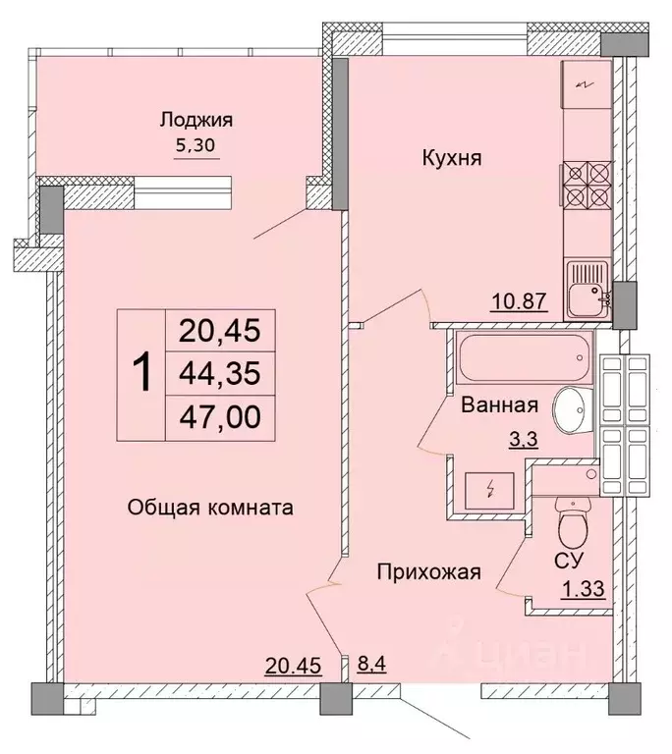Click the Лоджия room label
[196, 121]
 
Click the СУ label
[569, 559]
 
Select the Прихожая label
[430, 572]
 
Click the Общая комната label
[210, 508]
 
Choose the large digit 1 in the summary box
[142, 374]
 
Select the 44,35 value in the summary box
[219, 374]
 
